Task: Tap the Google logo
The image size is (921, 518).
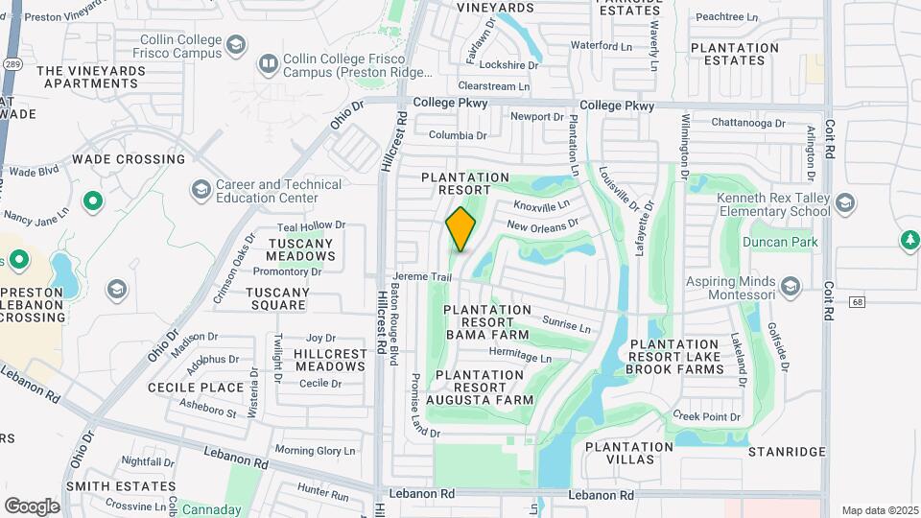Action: point(32,506)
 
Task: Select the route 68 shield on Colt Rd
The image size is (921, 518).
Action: point(857,303)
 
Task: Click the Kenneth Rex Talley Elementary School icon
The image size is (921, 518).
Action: point(845,202)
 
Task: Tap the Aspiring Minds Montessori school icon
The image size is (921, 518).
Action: point(790,287)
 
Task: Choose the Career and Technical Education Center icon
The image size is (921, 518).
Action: point(201,190)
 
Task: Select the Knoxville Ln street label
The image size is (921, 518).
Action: point(541,204)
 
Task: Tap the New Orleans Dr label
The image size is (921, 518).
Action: point(542,225)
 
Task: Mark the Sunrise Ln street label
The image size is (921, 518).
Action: point(566,325)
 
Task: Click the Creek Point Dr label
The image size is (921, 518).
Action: point(707,416)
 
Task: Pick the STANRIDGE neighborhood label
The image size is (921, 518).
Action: point(787,451)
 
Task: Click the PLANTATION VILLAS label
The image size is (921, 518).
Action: point(629,453)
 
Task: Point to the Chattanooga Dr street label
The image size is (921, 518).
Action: point(748,123)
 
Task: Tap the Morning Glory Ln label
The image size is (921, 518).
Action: point(315,450)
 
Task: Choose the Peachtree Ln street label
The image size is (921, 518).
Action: point(726,16)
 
